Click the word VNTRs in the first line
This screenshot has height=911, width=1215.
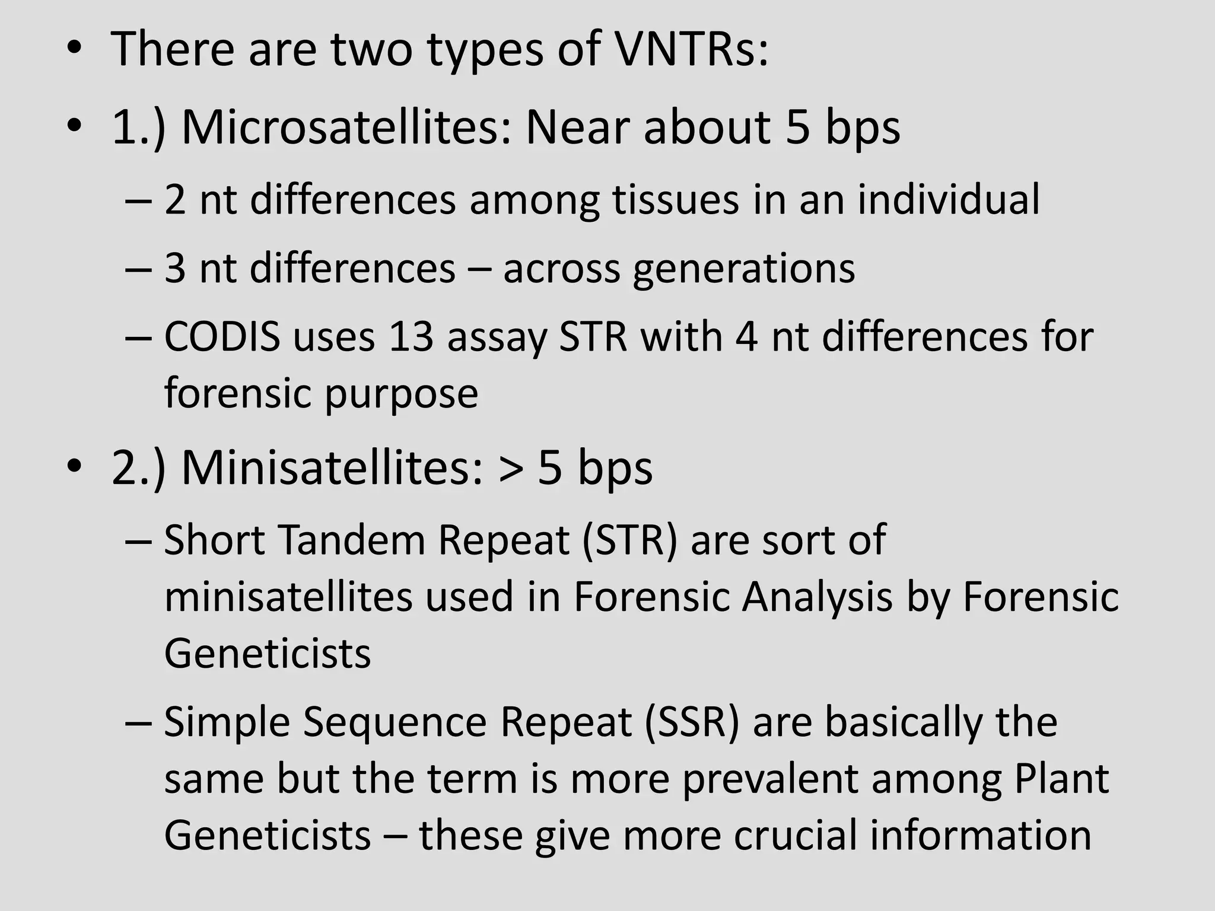tap(691, 49)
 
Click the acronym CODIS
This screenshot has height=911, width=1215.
tap(222, 337)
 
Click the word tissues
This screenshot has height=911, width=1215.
tap(676, 200)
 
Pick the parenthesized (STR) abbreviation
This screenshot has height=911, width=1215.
tap(629, 540)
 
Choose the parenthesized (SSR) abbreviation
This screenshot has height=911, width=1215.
tap(692, 722)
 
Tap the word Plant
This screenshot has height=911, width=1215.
tap(1061, 779)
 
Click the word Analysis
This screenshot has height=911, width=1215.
tap(817, 597)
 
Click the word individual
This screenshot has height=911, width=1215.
tap(948, 200)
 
